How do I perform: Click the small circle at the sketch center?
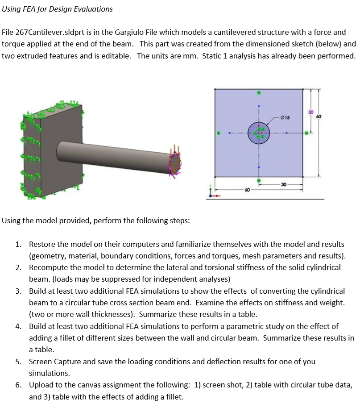tap(259, 133)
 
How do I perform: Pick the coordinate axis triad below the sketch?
tap(213, 192)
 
